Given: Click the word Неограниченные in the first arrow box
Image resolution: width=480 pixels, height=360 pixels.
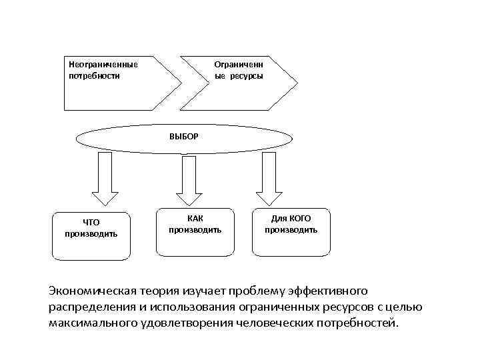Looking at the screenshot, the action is pos(103,65).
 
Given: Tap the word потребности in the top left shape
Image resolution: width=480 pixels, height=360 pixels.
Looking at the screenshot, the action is pos(95,76).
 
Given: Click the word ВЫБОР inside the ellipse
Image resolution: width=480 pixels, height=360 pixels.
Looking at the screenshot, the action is pos(183,135).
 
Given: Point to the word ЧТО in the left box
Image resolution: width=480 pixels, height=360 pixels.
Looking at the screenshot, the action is pos(91,223).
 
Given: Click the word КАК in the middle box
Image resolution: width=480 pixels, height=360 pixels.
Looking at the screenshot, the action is pos(195,218).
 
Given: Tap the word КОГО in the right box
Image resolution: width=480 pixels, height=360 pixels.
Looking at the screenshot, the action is pos(300,218).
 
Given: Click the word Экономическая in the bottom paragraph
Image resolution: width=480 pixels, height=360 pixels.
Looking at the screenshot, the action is pos(92,291).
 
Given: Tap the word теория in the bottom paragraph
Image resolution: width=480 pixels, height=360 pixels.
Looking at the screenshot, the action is pos(163,291).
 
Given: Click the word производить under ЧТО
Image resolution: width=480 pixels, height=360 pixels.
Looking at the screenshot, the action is pos(91,234).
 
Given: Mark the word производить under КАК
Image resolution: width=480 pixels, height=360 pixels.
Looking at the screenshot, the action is pos(195,230).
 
